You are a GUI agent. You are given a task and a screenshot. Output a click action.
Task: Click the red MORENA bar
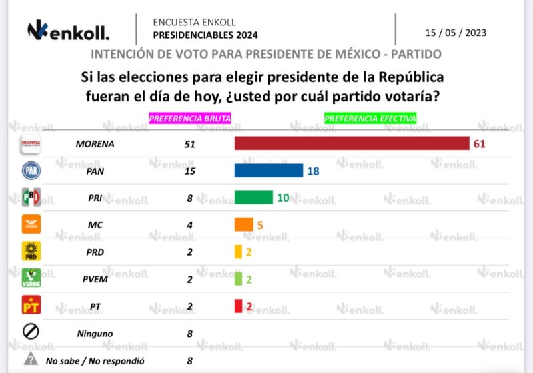[x=352, y=143]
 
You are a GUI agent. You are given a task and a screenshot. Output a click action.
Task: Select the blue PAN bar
[x=268, y=171]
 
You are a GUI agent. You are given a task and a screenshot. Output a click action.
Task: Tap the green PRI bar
[x=254, y=197]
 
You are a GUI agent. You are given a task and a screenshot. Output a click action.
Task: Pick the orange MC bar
[x=244, y=224]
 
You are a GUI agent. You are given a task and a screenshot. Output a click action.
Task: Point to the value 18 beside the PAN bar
[x=314, y=171]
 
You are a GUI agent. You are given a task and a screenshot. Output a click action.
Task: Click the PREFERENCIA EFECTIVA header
[x=370, y=118]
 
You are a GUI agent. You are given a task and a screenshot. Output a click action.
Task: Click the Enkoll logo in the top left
[x=68, y=30]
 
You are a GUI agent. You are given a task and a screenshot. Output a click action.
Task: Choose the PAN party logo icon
[x=32, y=170]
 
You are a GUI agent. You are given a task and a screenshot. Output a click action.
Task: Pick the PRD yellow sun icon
[x=32, y=251]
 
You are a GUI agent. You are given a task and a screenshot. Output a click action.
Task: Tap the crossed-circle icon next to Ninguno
[x=32, y=332]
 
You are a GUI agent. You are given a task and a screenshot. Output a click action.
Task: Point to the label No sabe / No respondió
[x=96, y=360]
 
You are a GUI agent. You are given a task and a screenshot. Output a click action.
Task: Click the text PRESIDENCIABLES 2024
[x=205, y=35]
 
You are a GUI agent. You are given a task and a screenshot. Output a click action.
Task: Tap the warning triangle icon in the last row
[x=31, y=360]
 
